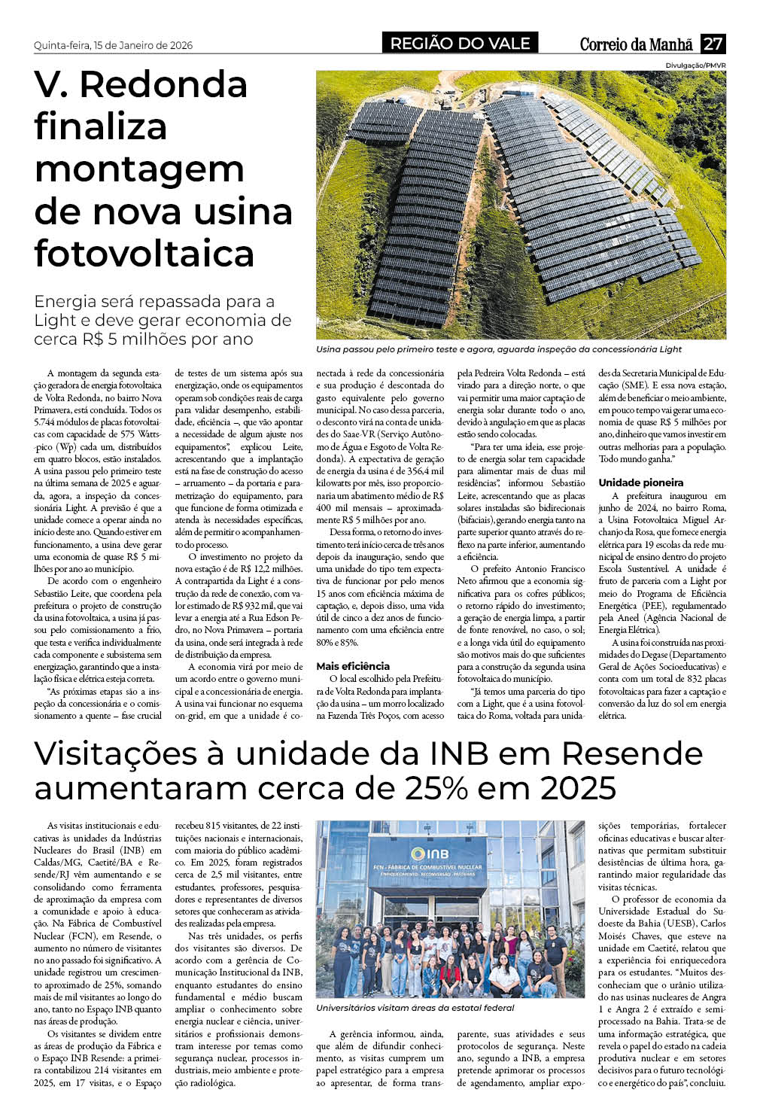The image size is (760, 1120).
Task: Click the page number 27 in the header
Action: point(713,44)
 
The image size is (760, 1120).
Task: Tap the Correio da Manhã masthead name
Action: point(636,44)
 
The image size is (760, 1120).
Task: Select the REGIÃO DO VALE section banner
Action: point(460,44)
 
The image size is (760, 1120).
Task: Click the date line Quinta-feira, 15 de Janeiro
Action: point(113,46)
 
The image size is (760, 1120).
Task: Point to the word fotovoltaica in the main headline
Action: point(144,254)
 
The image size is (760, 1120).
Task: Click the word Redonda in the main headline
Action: point(163,84)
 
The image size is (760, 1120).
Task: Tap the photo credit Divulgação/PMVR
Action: point(695,65)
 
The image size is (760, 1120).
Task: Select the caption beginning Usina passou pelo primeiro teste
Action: point(499,349)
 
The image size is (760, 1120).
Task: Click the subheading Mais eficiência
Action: point(353,666)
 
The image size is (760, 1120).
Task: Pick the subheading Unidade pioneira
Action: point(641,482)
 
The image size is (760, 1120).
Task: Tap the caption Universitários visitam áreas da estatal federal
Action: point(415,1008)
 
